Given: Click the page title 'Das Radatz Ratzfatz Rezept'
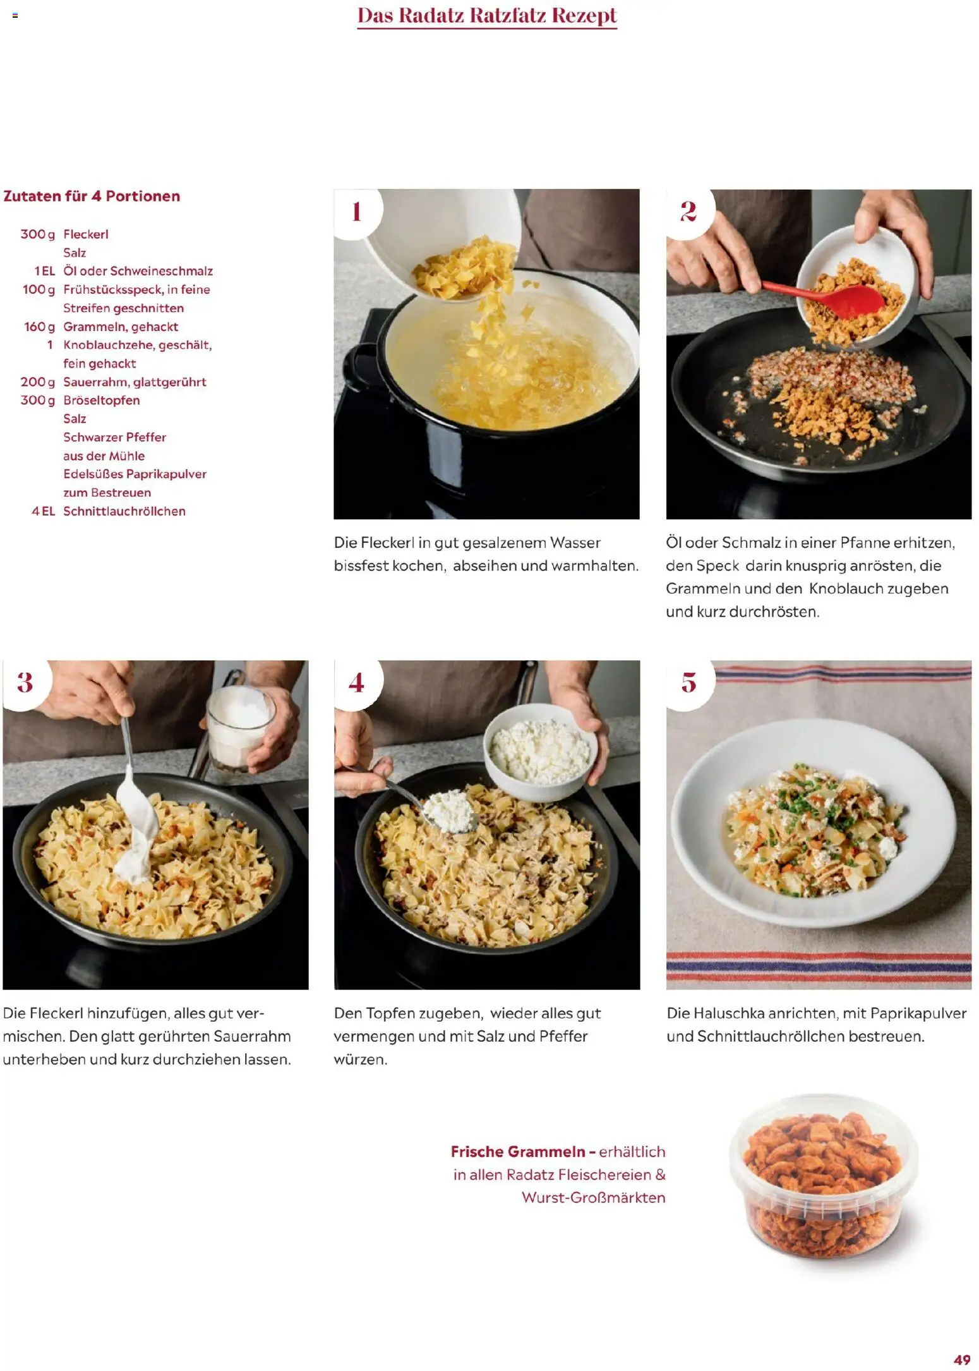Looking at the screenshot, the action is pos(487,16).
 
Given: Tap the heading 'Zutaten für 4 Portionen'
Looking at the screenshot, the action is pos(92,196).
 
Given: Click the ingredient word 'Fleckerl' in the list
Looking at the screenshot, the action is pos(86,234).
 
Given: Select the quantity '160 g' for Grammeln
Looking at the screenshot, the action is pos(39,327).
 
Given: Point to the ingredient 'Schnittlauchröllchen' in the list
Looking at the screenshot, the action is pos(124,511).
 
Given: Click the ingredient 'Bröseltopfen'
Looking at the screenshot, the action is pos(102,401).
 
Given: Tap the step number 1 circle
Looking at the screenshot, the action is pos(357,212).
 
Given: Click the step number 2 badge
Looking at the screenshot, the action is pos(689,212).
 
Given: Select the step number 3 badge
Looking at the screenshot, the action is pos(26,684).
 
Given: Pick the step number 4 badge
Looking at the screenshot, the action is pos(357,684).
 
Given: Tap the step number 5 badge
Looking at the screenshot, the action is pos(689,684).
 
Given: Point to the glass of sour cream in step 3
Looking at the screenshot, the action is pos(241,728).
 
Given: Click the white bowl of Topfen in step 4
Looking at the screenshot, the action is pos(541,752).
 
